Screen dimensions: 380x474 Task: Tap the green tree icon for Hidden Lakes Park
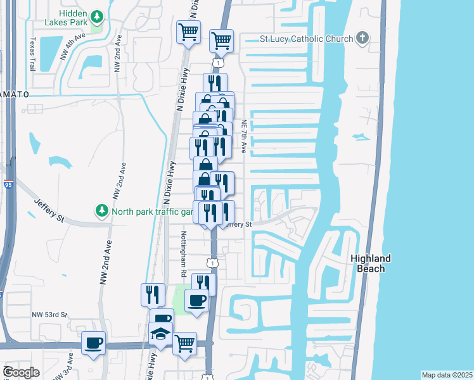pyautogui.click(x=97, y=16)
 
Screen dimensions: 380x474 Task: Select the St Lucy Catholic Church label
pyautogui.click(x=306, y=39)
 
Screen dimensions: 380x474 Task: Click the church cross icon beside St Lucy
pyautogui.click(x=362, y=38)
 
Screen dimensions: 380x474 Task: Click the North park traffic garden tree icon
pyautogui.click(x=101, y=210)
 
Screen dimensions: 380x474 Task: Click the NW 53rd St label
pyautogui.click(x=50, y=314)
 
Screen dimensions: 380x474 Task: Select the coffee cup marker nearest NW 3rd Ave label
pyautogui.click(x=94, y=343)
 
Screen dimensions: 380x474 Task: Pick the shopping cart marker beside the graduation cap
pyautogui.click(x=184, y=343)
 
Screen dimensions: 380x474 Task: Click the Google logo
pyautogui.click(x=21, y=372)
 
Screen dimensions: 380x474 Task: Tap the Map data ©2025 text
pyautogui.click(x=447, y=375)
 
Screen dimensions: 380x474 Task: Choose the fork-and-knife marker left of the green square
pyautogui.click(x=153, y=294)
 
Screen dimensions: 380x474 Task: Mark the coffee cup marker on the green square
pyautogui.click(x=196, y=300)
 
